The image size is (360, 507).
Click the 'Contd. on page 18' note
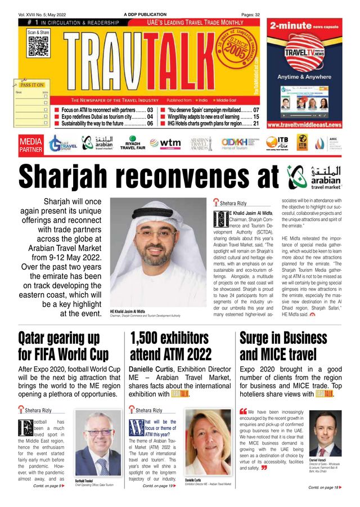pyautogui.click(x=325, y=487)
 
